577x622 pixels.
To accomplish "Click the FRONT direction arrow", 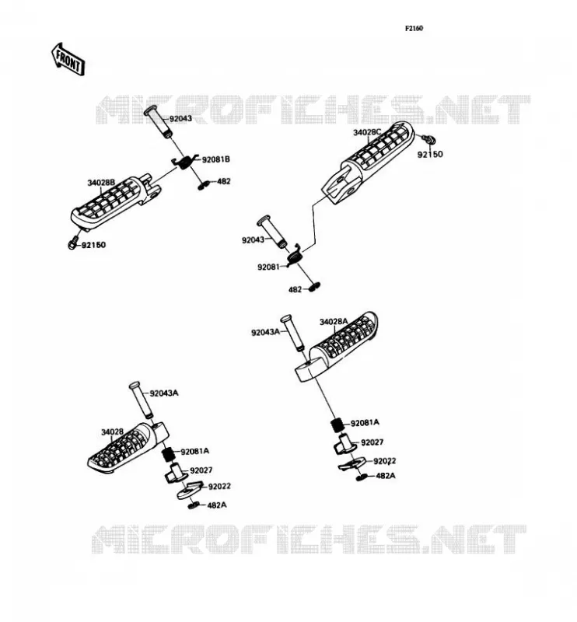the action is (x=68, y=60).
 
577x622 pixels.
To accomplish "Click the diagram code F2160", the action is (x=414, y=29).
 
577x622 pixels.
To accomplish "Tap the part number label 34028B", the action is (x=101, y=183).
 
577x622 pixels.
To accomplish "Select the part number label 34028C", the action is (x=367, y=132).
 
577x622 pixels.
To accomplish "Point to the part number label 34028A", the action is (x=334, y=322).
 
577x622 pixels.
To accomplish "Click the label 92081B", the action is (x=216, y=159).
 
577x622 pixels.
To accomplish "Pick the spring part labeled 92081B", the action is (x=183, y=162).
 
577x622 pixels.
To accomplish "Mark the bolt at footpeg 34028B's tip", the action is (x=72, y=243).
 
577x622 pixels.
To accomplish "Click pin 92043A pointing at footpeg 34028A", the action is (x=293, y=334).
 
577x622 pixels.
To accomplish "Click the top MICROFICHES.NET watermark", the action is (x=313, y=110).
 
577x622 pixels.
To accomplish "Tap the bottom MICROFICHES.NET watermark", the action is (x=309, y=539).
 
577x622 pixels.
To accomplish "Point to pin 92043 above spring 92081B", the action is (x=159, y=122).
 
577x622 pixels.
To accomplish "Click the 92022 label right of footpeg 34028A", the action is (x=384, y=461).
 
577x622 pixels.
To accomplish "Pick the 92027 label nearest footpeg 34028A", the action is (x=372, y=442).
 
